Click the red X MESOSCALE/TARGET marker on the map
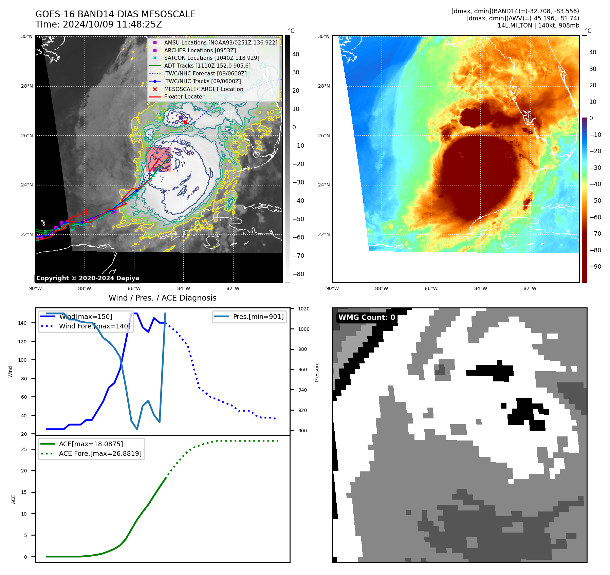click(x=185, y=122)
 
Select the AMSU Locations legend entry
click(x=220, y=43)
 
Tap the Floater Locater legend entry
click(x=184, y=97)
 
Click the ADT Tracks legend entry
click(x=207, y=66)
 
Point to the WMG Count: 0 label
click(x=367, y=318)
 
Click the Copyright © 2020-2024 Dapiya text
click(x=88, y=278)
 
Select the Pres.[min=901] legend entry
click(x=258, y=317)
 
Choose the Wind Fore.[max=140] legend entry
click(x=94, y=326)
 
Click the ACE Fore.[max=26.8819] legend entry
click(x=100, y=454)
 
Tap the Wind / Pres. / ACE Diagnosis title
click(x=162, y=298)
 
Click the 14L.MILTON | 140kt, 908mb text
click(x=538, y=25)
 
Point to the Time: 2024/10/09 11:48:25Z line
click(x=98, y=25)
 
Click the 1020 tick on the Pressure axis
click(x=303, y=309)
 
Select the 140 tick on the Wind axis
click(x=22, y=323)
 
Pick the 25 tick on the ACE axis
click(x=24, y=449)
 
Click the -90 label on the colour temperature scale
click(x=595, y=267)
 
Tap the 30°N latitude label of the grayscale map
click(x=27, y=36)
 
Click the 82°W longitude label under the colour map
click(x=530, y=288)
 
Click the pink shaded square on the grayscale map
click(x=159, y=159)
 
